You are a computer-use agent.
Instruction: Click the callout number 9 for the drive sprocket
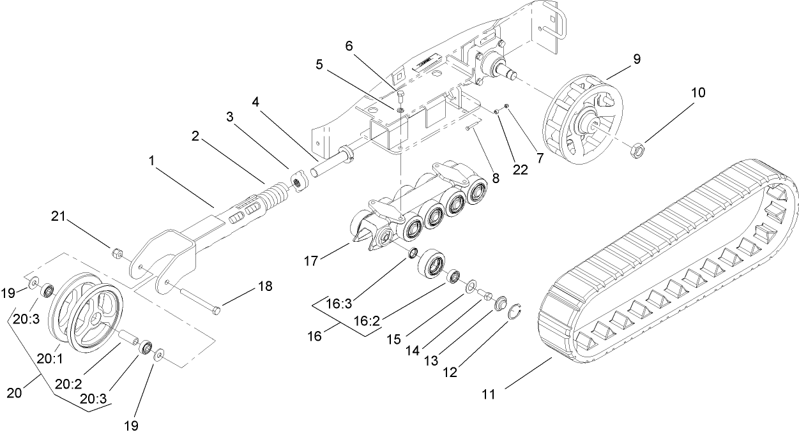pos(636,58)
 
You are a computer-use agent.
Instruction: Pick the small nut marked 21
pos(117,255)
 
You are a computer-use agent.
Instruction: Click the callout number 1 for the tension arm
pos(151,162)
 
